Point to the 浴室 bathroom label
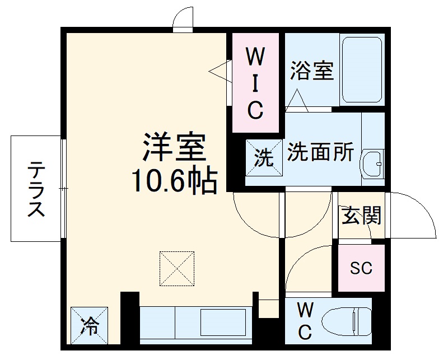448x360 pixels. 311,71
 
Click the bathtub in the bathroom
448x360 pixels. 361,70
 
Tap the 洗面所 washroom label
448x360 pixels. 320,152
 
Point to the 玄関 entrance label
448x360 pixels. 362,215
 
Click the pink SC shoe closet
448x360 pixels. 361,268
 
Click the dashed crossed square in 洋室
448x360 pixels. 178,268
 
